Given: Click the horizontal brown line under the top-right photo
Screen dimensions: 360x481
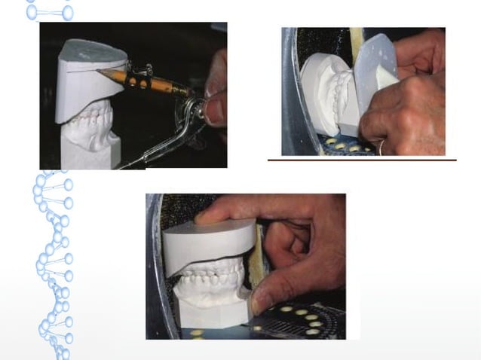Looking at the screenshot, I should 362,160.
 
